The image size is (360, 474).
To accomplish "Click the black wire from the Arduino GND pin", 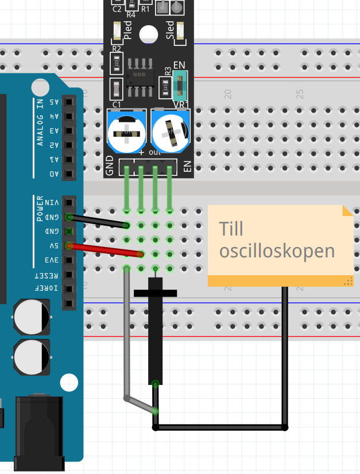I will [x=98, y=221].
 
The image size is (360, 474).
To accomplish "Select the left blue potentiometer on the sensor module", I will [x=126, y=132].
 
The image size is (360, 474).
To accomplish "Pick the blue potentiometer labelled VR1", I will [x=171, y=132].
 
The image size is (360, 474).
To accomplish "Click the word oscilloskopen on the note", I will [x=277, y=251].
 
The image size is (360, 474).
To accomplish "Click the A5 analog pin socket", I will [x=69, y=102].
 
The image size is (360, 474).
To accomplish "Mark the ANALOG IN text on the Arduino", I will [x=40, y=121].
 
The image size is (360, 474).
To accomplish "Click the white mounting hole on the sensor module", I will [x=149, y=34].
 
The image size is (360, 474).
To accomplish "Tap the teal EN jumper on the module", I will [x=178, y=84].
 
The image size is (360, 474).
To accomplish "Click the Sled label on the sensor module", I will [x=170, y=29].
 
